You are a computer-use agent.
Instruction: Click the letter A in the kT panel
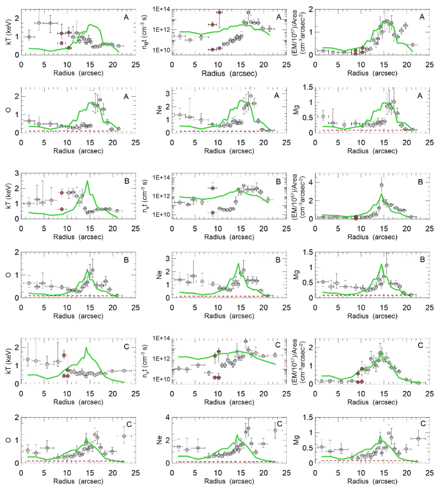click(x=126, y=17)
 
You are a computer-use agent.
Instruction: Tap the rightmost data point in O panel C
click(x=124, y=436)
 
